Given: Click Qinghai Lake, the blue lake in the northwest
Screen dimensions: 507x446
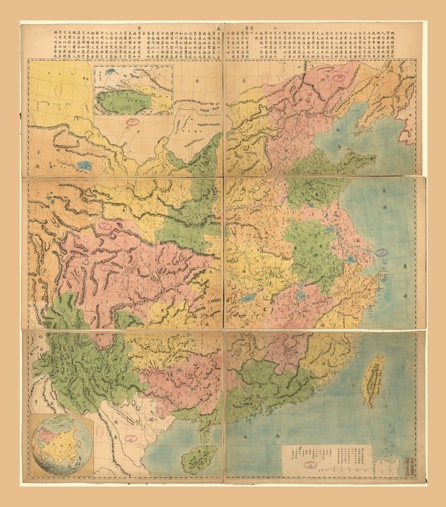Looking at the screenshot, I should tap(85, 165).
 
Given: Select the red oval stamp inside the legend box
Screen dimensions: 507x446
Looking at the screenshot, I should tap(308, 465).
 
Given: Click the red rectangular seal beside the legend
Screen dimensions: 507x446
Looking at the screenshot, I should tap(411, 464).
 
